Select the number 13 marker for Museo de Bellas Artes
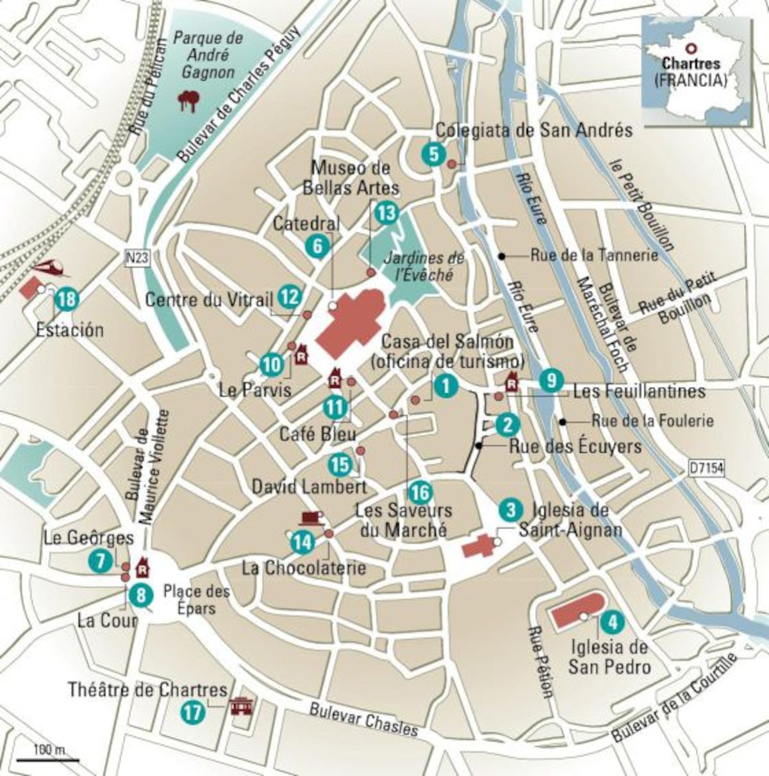coord(386,213)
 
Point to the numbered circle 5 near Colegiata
coord(433,154)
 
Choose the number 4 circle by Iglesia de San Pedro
coord(612,621)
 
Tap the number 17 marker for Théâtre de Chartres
coord(192,713)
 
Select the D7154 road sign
coord(707,469)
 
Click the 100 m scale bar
coord(47,759)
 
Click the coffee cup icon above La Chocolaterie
coord(310,517)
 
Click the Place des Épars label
coord(196,599)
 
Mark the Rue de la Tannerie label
coord(593,255)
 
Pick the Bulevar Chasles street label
coord(363,720)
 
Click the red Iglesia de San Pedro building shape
coord(577,613)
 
